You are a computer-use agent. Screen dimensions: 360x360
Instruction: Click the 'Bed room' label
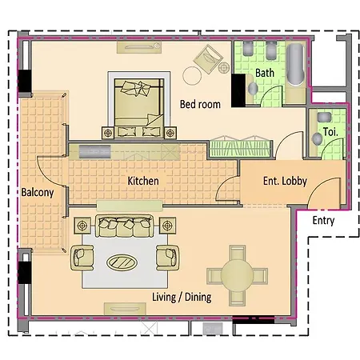coord(200,104)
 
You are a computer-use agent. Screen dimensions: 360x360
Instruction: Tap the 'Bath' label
coord(265,73)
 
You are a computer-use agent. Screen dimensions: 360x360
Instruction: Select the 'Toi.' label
coord(330,132)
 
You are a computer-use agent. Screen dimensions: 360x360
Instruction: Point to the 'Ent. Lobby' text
coord(285,181)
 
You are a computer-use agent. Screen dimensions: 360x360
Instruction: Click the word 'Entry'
coord(323,221)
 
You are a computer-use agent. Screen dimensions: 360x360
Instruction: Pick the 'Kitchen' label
coord(143,181)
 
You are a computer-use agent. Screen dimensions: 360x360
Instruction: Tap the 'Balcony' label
coord(38,192)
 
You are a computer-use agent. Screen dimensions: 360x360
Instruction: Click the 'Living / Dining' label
coord(182,297)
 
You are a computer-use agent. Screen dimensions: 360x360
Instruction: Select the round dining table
coord(237,275)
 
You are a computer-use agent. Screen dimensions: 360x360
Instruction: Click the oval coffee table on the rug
coord(122,262)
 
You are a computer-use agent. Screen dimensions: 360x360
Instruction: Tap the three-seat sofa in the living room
coord(125,226)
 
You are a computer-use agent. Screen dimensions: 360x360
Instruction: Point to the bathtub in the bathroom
coord(295,65)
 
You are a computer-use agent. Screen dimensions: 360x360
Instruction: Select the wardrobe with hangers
coord(240,147)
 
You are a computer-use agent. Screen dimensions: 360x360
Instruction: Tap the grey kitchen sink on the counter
coord(94,152)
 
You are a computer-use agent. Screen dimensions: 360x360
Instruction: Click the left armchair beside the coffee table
coord(82,258)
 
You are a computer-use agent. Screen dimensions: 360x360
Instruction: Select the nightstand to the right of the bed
coord(170,133)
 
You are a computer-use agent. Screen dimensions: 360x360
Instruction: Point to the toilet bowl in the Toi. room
coord(318,138)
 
